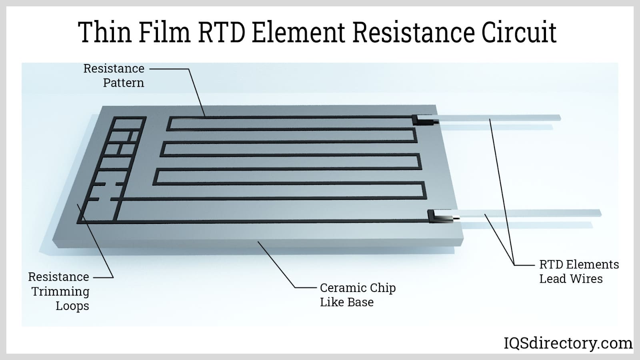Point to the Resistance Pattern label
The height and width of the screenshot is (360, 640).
click(x=114, y=76)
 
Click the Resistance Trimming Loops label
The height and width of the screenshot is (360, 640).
click(x=59, y=291)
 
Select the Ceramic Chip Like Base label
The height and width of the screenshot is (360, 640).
click(x=358, y=295)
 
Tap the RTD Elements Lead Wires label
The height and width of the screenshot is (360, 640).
click(x=578, y=272)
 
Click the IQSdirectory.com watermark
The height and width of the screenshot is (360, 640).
click(x=568, y=343)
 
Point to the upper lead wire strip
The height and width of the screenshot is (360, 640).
click(x=500, y=118)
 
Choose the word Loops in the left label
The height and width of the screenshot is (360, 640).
click(x=72, y=306)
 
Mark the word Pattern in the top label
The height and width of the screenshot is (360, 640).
click(x=123, y=83)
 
